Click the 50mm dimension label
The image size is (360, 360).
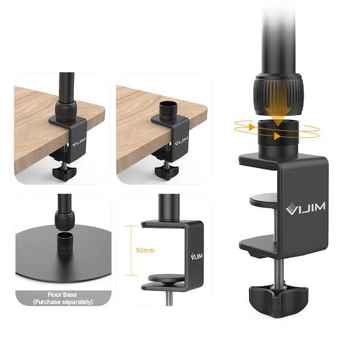[x=145, y=250]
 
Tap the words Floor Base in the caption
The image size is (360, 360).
[x=62, y=295]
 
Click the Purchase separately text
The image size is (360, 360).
[x=63, y=302]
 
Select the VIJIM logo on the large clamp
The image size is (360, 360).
[x=305, y=208]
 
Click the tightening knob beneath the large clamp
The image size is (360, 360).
[x=278, y=301]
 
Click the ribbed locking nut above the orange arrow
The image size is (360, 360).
[x=278, y=94]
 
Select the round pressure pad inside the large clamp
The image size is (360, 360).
[x=263, y=199]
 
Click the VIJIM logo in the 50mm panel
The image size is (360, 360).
[x=197, y=256]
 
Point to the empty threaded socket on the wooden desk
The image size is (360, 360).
[x=168, y=110]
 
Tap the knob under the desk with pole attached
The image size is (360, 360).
[x=64, y=173]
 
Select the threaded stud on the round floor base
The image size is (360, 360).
[x=65, y=242]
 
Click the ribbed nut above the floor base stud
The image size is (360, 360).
[x=65, y=219]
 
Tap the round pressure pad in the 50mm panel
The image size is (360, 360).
[x=166, y=278]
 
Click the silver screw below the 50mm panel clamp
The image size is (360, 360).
[x=169, y=298]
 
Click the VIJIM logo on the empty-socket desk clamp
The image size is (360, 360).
[x=181, y=141]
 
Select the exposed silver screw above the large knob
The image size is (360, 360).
[x=279, y=271]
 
